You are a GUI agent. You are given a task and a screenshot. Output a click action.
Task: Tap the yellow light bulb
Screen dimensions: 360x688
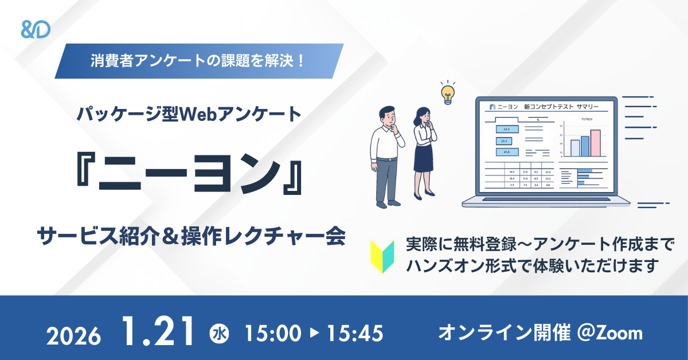coord(447,92)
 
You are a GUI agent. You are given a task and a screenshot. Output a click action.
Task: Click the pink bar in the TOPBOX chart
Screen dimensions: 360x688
coord(595,143)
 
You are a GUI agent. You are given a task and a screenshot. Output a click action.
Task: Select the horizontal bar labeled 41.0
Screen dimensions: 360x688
coord(506,152)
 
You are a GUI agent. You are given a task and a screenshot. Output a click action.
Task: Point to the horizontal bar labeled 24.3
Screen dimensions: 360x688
coord(506,130)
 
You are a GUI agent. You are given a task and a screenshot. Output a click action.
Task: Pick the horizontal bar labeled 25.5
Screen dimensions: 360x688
coord(506,141)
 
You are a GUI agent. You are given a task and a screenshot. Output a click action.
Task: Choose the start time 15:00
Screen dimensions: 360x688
coord(273,333)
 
